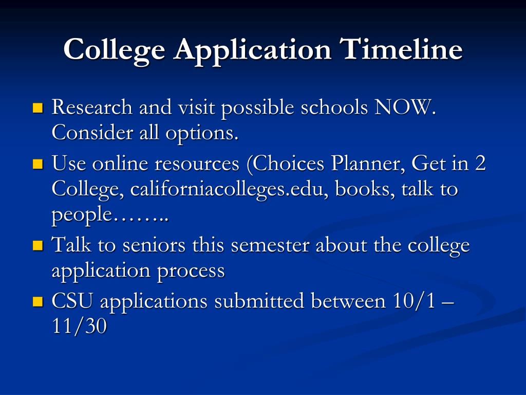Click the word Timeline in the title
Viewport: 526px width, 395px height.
[401, 49]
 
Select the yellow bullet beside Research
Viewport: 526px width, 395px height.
[38, 108]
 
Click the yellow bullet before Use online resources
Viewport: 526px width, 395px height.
[38, 164]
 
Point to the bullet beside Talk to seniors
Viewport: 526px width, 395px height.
[38, 245]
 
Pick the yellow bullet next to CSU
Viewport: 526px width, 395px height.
[38, 301]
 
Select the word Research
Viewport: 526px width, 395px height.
[92, 107]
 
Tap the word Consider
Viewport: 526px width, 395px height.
[92, 133]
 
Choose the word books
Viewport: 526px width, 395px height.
[365, 189]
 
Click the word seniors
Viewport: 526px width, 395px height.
[154, 245]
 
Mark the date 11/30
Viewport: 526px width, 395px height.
[80, 326]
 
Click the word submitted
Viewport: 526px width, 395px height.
[259, 300]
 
